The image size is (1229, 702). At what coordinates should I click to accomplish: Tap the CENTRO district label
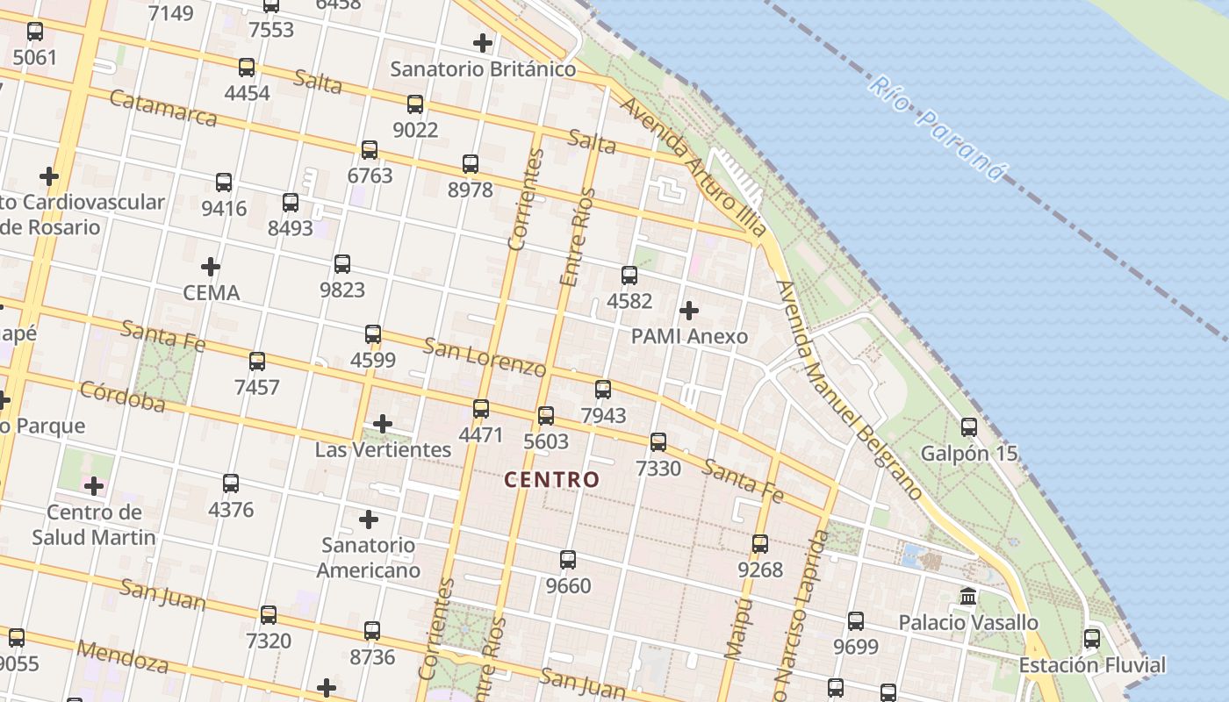552,480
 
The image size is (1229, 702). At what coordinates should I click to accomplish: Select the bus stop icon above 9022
415,104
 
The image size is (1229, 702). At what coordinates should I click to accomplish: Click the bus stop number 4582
629,301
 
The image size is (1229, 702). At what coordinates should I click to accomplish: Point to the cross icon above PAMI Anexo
689,310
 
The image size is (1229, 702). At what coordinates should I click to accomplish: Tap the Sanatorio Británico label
483,68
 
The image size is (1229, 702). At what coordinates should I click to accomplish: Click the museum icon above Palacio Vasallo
968,597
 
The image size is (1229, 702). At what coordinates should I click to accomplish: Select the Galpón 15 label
969,454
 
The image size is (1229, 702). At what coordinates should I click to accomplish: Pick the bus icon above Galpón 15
969,427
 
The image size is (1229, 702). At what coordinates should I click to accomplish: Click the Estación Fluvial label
1092,665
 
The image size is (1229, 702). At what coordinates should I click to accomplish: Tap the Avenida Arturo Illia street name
693,167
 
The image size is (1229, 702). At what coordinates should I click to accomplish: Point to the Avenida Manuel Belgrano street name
849,390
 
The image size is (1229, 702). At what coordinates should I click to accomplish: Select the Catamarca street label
163,107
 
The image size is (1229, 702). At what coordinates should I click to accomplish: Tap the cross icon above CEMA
211,266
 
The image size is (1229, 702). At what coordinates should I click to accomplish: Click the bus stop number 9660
568,585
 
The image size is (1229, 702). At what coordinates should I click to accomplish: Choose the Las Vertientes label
383,450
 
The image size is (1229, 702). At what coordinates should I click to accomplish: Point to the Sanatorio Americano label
369,557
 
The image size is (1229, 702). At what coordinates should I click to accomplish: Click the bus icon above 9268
760,544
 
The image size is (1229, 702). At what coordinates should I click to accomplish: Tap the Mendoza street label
122,655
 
